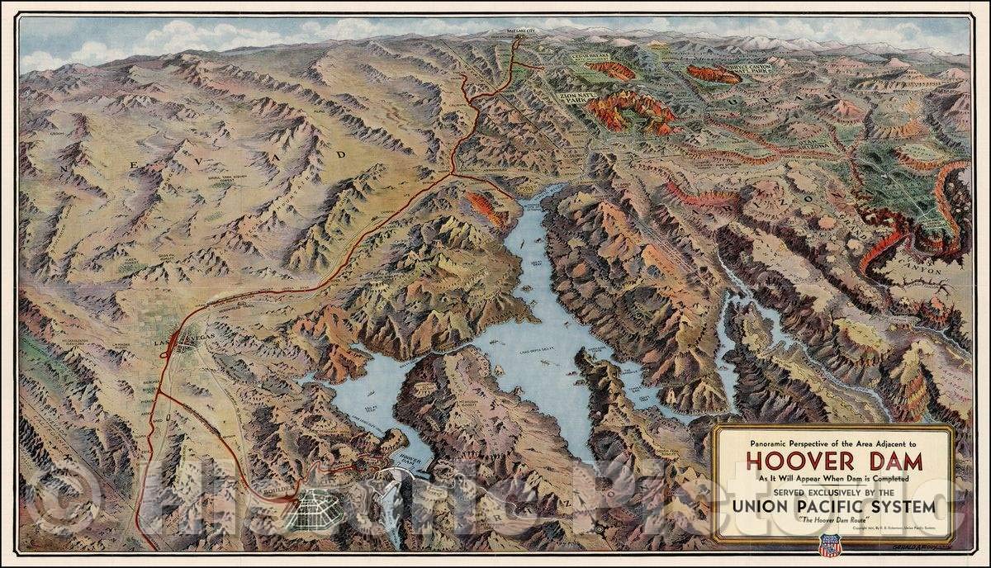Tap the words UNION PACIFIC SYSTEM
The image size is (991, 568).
(x=833, y=504)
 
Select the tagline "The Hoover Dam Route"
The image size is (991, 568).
(x=833, y=520)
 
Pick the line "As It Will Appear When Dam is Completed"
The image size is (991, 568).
(x=833, y=478)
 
